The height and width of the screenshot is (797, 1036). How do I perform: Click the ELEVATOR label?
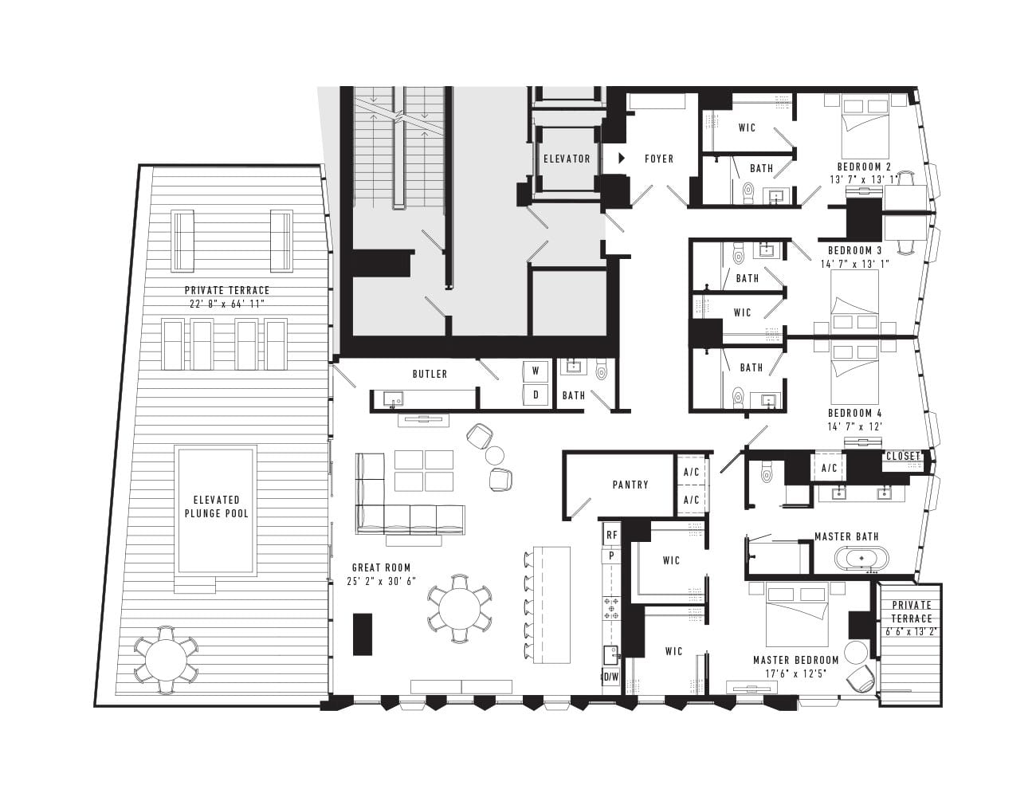pos(567,159)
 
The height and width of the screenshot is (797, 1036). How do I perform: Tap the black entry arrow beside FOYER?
pos(622,159)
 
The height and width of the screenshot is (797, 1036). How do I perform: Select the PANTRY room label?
pos(630,485)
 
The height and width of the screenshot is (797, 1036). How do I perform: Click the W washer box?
pos(536,371)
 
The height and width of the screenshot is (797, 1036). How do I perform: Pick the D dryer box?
pos(536,395)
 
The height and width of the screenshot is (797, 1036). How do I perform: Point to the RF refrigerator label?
pos(612,535)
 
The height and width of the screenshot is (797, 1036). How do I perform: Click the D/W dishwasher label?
pos(611,677)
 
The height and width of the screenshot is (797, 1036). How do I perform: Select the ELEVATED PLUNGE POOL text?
pos(217,507)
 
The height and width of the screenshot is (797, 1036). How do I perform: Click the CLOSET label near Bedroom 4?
pos(902,456)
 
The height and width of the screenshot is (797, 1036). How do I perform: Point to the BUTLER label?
pos(430,374)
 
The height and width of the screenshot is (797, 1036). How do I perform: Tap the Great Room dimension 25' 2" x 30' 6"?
pos(382,581)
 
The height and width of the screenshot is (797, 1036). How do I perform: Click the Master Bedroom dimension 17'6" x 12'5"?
pos(795,673)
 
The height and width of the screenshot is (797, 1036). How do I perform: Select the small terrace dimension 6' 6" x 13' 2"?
pos(912,632)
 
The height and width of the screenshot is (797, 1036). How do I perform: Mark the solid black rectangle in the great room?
pos(363,634)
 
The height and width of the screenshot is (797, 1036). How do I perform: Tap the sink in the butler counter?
pos(394,398)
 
